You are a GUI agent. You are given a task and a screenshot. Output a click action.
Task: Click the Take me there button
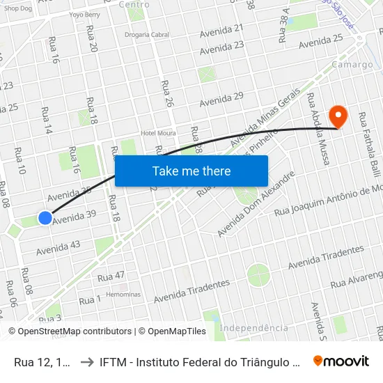191,171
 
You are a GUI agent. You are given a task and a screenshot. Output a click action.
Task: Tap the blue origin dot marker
45,218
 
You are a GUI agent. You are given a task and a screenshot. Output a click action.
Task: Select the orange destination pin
338,115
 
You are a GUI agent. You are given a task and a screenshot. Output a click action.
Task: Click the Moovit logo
341,361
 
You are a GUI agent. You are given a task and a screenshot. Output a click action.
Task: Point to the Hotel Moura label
158,133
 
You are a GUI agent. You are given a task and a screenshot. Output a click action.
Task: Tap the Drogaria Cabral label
146,34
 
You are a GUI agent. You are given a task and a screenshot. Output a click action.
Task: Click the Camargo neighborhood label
352,65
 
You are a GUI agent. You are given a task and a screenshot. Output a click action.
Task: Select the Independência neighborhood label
253,328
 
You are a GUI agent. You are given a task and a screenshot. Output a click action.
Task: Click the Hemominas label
123,294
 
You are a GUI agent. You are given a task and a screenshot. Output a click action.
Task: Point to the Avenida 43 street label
58,247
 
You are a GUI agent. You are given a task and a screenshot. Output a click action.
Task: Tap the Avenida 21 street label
221,31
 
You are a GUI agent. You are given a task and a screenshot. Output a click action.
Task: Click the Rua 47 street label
111,276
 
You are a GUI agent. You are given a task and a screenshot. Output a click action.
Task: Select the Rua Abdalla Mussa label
318,129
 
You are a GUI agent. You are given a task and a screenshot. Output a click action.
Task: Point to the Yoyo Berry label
84,14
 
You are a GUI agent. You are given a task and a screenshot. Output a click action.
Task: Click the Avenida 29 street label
221,100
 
